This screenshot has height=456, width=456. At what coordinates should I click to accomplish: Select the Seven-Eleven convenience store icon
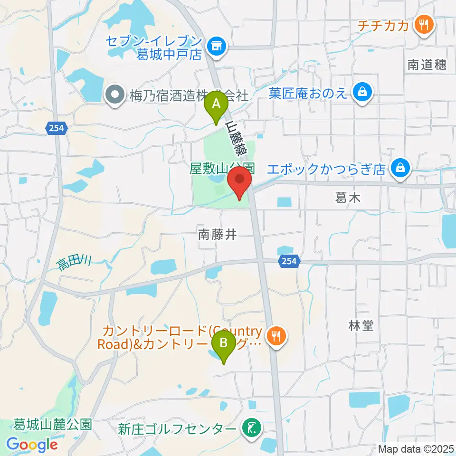coord(217,46)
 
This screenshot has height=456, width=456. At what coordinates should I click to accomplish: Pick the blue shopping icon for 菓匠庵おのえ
coord(362,92)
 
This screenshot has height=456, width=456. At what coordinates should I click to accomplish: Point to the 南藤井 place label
coord(217,234)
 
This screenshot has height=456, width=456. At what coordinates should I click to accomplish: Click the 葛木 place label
coord(348,198)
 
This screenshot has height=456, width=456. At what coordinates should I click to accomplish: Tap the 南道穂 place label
coord(427,65)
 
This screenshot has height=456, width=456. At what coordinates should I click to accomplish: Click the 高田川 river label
coord(75,262)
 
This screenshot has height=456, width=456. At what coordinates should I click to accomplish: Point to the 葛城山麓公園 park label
coord(53,424)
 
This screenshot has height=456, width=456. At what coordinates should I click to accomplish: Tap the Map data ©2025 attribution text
coord(415,448)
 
